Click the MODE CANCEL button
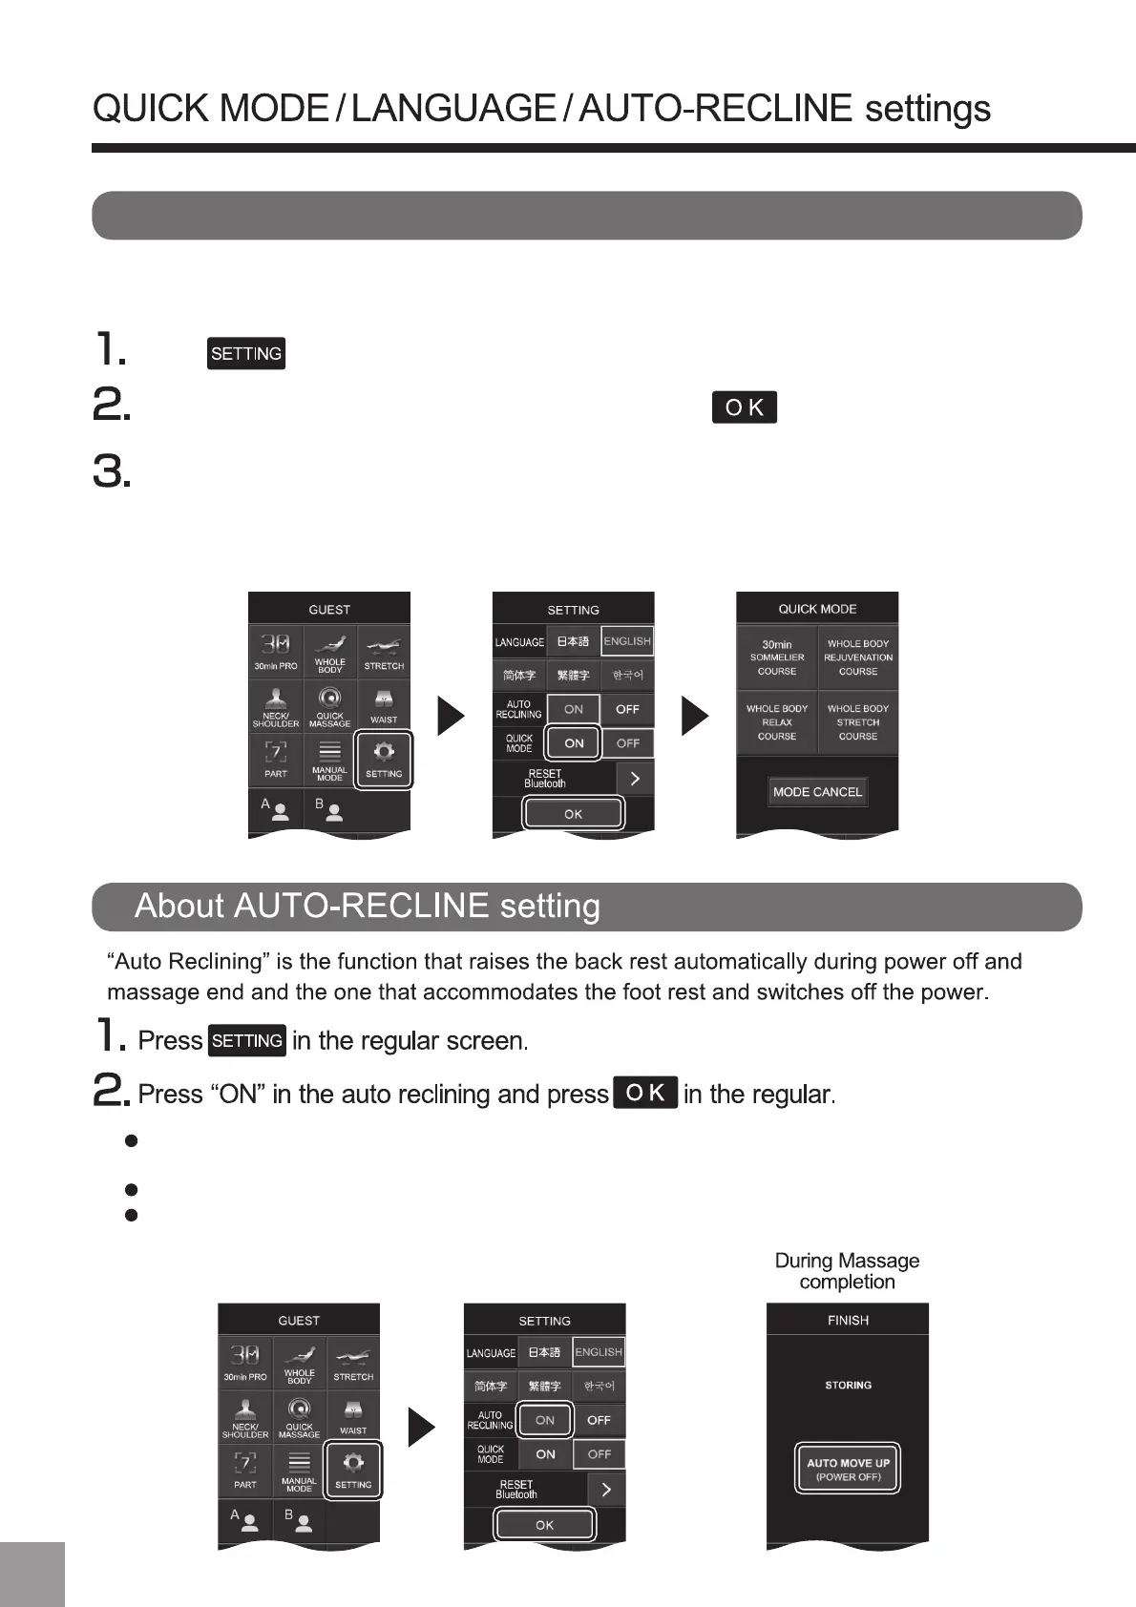tap(817, 792)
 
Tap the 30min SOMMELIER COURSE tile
tap(777, 657)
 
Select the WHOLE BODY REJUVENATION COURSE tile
tap(858, 657)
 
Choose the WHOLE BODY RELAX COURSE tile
tap(777, 722)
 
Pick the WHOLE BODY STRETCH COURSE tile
tap(858, 722)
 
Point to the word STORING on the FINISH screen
tap(848, 1385)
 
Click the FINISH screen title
tap(848, 1321)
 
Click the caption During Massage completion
tap(847, 1271)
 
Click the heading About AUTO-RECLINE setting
tap(368, 906)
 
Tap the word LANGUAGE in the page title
tap(453, 109)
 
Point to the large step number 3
tap(112, 472)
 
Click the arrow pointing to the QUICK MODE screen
tap(695, 717)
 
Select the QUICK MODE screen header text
tap(817, 609)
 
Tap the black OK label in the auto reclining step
tap(646, 1093)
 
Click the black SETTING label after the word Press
tap(247, 1040)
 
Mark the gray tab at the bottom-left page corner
tap(32, 1574)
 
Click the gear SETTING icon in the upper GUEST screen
tap(384, 760)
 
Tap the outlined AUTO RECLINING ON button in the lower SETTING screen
tap(545, 1420)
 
